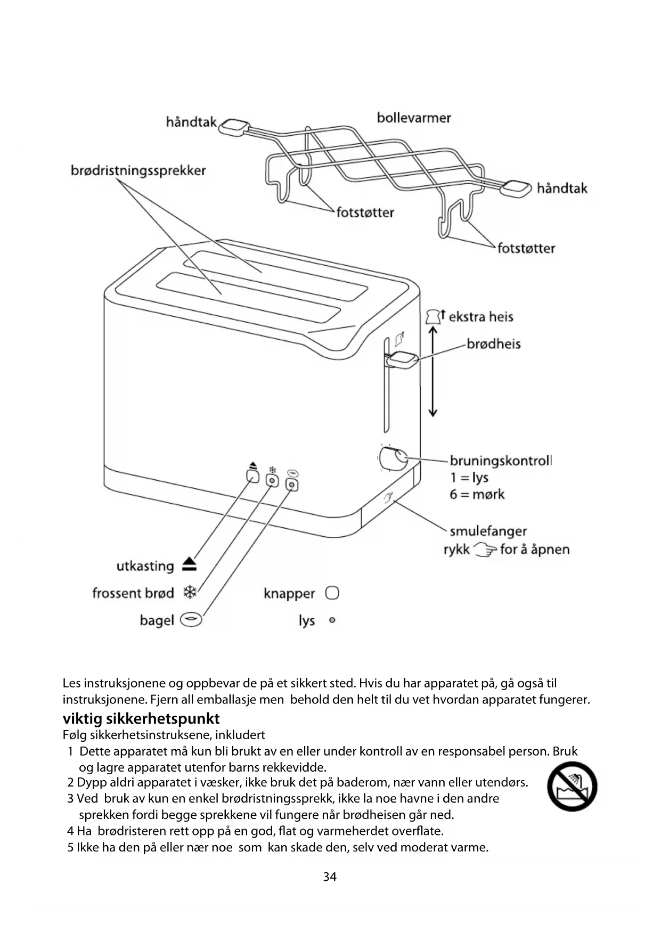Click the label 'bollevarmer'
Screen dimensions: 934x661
(413, 118)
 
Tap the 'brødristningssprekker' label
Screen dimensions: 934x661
(138, 170)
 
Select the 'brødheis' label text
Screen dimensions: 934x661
(493, 344)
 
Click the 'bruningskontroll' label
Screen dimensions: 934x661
(500, 461)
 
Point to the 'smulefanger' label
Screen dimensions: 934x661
(488, 531)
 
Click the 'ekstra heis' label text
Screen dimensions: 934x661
(480, 317)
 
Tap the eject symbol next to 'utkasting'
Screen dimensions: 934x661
(189, 565)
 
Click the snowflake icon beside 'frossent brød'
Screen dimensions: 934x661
(190, 592)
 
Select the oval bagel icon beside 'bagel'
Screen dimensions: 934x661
(191, 620)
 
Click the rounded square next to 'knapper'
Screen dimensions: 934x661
(332, 593)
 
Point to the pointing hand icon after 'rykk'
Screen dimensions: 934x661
(485, 550)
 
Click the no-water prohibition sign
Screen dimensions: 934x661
(572, 786)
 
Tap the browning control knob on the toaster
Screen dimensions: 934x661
(393, 458)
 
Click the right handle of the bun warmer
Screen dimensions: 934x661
(517, 187)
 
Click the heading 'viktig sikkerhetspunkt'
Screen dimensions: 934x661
(141, 718)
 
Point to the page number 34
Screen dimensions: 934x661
(330, 876)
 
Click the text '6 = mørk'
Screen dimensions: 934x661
(477, 495)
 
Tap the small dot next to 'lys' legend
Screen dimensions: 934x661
(332, 620)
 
